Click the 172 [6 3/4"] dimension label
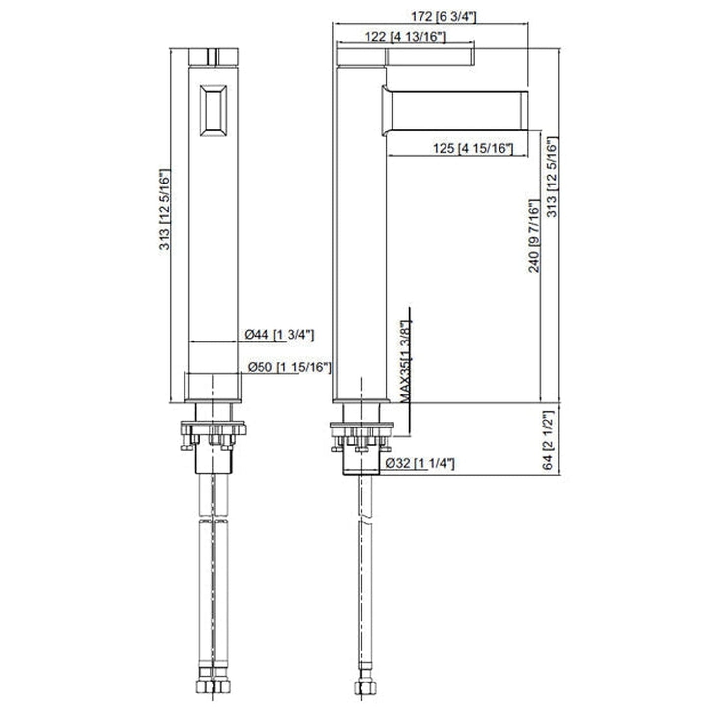pyautogui.click(x=444, y=16)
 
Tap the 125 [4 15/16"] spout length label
pyautogui.click(x=473, y=148)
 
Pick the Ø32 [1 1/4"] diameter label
pyautogui.click(x=420, y=463)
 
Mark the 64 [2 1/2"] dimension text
pyautogui.click(x=548, y=440)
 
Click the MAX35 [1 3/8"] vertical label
pyautogui.click(x=405, y=362)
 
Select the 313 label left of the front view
pyautogui.click(x=165, y=210)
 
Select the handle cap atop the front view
pyautogui.click(x=213, y=56)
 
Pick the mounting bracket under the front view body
pyautogui.click(x=213, y=434)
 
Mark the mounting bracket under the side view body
pyautogui.click(x=362, y=434)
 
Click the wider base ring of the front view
pyautogui.click(x=213, y=387)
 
